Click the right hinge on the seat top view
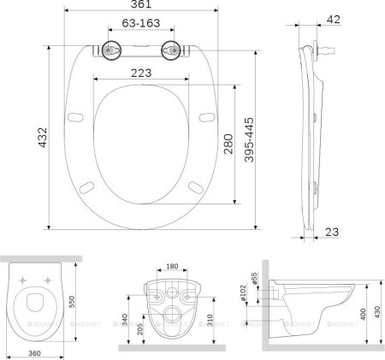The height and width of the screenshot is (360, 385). pyautogui.click(x=171, y=50)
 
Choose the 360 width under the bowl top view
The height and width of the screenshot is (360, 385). pyautogui.click(x=35, y=351)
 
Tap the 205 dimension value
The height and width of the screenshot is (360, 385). pyautogui.click(x=140, y=328)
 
